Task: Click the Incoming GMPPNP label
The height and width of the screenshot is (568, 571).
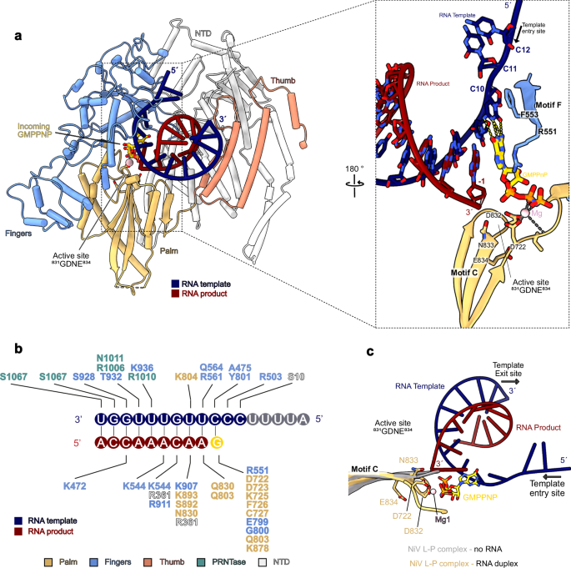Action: [x=40, y=133]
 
